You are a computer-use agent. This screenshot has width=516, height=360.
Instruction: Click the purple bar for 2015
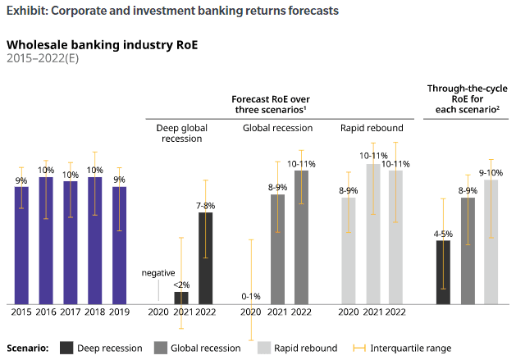click(21, 245)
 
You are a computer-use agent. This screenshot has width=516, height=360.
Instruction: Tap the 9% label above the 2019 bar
click(120, 179)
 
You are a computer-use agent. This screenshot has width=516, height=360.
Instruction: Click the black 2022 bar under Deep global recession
click(205, 258)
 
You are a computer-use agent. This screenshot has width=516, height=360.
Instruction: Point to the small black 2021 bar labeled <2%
click(181, 298)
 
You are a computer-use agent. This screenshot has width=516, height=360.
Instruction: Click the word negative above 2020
click(158, 272)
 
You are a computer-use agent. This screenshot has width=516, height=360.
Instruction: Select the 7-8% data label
click(205, 205)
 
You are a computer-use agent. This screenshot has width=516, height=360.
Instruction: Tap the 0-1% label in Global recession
click(251, 296)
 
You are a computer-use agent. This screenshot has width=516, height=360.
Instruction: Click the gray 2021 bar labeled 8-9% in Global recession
click(278, 249)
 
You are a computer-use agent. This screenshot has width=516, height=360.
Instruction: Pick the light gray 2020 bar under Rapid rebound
click(349, 251)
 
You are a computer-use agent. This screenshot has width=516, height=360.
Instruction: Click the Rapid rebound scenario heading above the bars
click(372, 128)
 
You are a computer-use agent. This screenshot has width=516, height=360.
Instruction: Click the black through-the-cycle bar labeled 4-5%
click(443, 272)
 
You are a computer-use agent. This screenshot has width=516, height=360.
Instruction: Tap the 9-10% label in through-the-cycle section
click(491, 172)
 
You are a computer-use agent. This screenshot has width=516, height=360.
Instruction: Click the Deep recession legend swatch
click(66, 348)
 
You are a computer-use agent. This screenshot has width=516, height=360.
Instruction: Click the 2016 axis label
click(46, 312)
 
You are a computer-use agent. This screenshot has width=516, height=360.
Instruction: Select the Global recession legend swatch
click(160, 348)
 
